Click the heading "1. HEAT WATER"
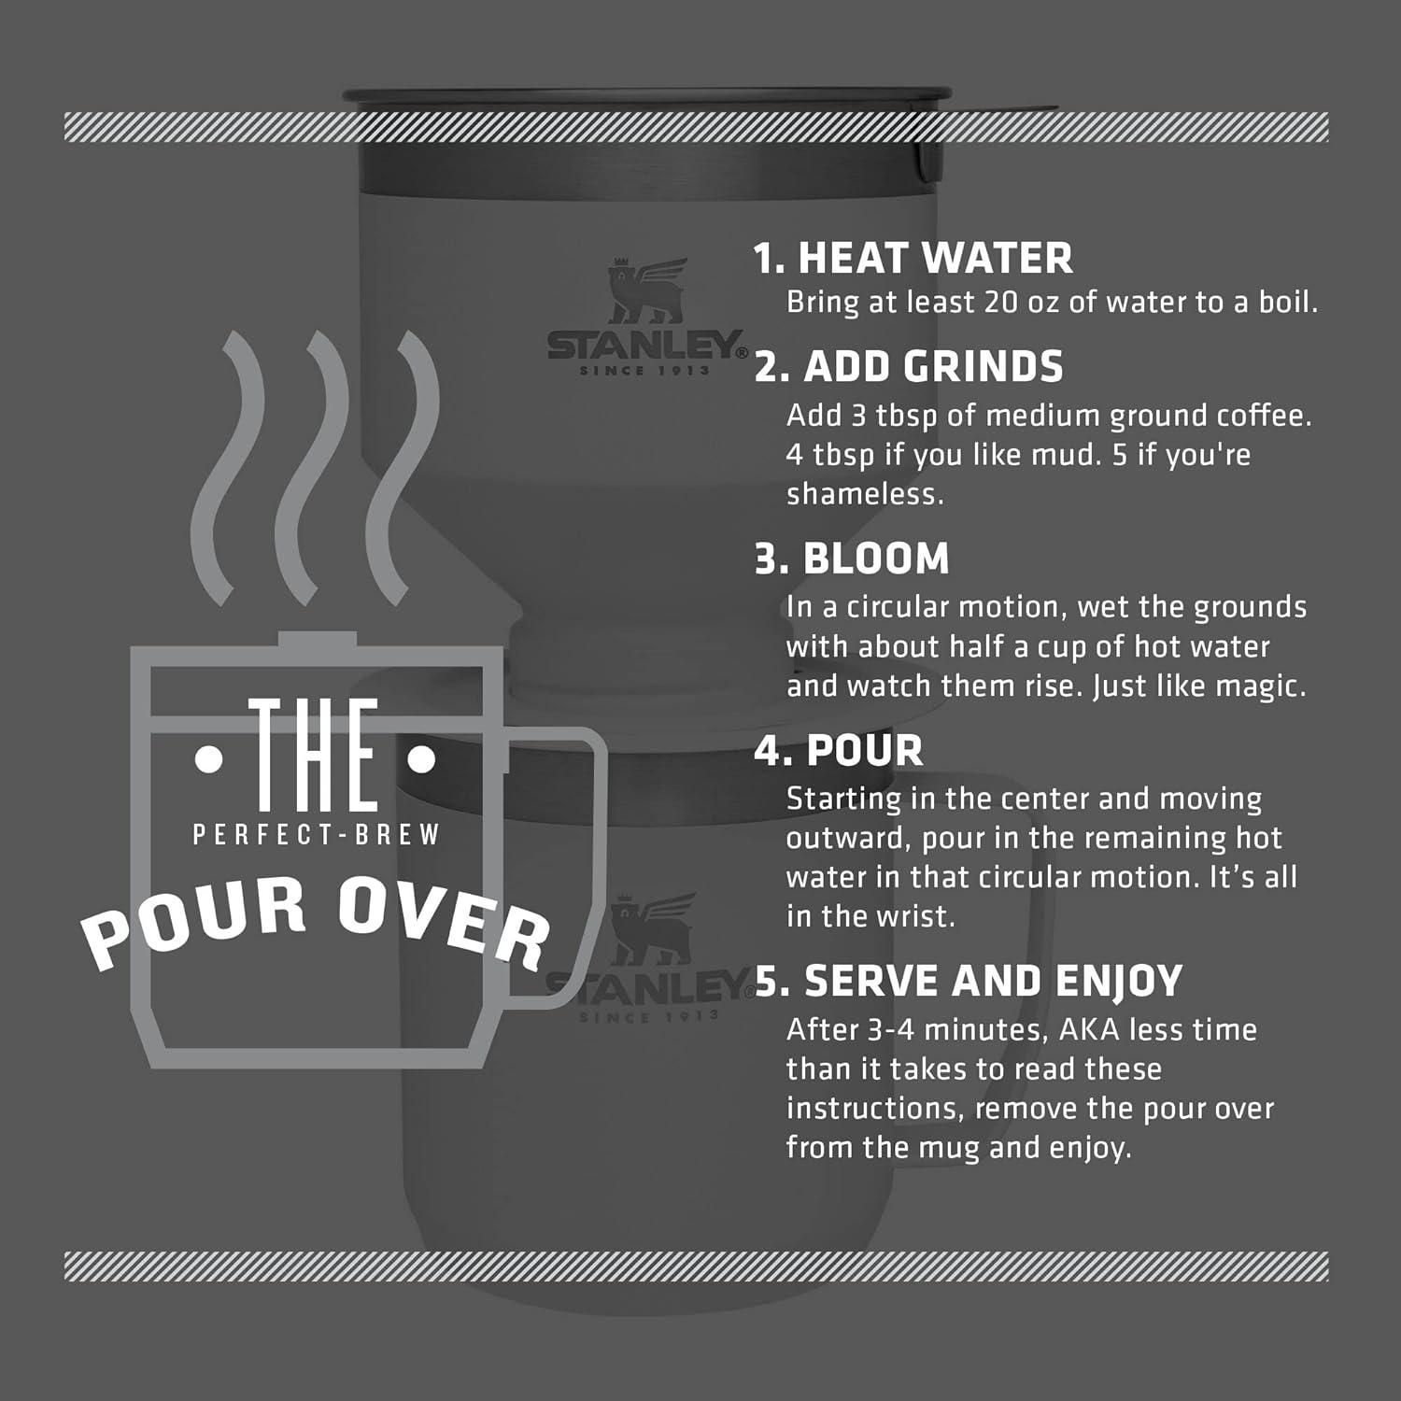(913, 258)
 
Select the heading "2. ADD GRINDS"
(909, 366)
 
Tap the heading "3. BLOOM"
(852, 559)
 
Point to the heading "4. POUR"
(839, 750)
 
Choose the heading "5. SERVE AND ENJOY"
(969, 981)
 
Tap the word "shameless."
(865, 493)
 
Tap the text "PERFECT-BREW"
(316, 834)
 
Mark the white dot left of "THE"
(209, 762)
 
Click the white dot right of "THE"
(422, 762)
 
